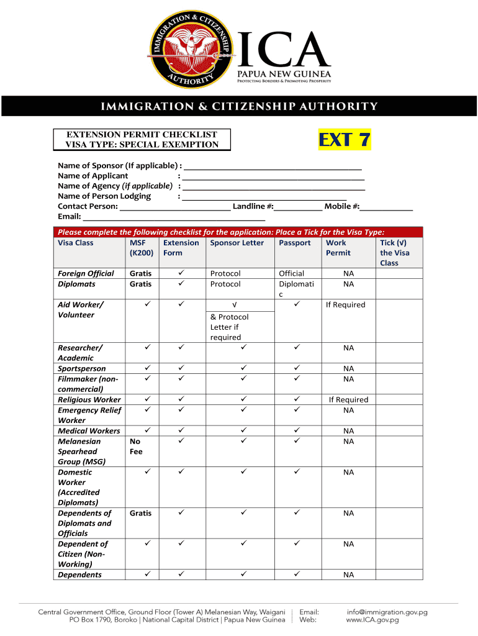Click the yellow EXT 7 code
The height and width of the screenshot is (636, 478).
(x=345, y=140)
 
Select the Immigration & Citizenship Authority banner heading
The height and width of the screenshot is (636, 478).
(x=239, y=106)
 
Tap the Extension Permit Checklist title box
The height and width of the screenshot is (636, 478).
(x=142, y=140)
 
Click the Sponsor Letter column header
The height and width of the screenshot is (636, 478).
(x=237, y=243)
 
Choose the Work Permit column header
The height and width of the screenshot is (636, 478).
(x=338, y=248)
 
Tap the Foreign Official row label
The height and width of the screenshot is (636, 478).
(x=86, y=273)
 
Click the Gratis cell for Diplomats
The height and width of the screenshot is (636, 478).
(x=140, y=284)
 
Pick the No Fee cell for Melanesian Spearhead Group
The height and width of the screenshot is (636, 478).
(x=136, y=447)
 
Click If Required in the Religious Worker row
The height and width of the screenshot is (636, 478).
(x=348, y=400)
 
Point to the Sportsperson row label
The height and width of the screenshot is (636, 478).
(x=81, y=369)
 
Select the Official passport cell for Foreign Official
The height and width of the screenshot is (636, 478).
(x=292, y=273)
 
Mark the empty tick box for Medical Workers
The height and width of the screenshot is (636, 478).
(x=399, y=431)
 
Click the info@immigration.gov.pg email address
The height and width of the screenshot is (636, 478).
(x=387, y=612)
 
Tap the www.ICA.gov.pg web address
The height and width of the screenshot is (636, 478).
(x=372, y=620)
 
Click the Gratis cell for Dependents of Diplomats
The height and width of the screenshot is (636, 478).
(x=140, y=513)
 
